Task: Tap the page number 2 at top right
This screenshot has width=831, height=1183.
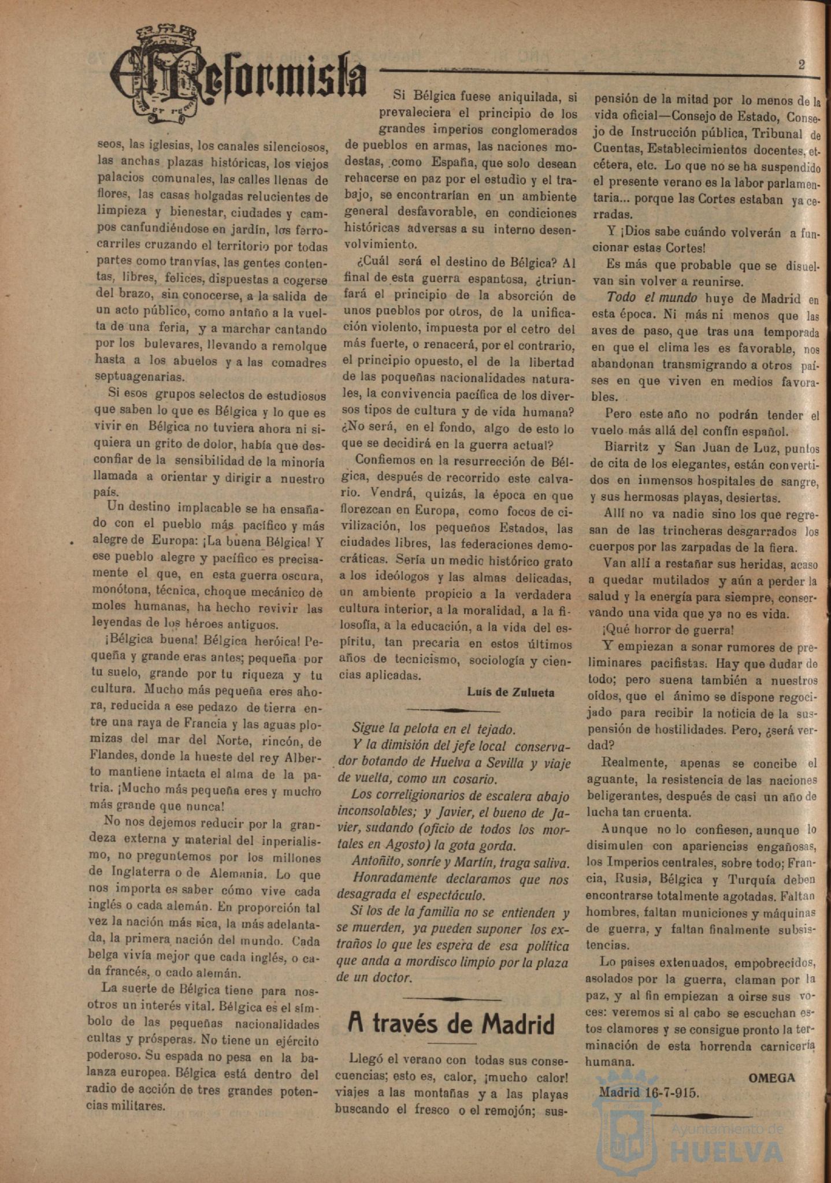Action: point(802,64)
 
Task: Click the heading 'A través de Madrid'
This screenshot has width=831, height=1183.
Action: point(451,1024)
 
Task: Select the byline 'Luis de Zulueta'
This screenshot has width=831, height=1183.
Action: point(511,693)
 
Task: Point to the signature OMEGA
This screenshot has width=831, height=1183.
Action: point(771,1077)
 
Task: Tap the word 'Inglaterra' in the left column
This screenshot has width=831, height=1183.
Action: point(124,872)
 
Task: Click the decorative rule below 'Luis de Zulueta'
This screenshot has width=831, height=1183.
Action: point(460,709)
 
